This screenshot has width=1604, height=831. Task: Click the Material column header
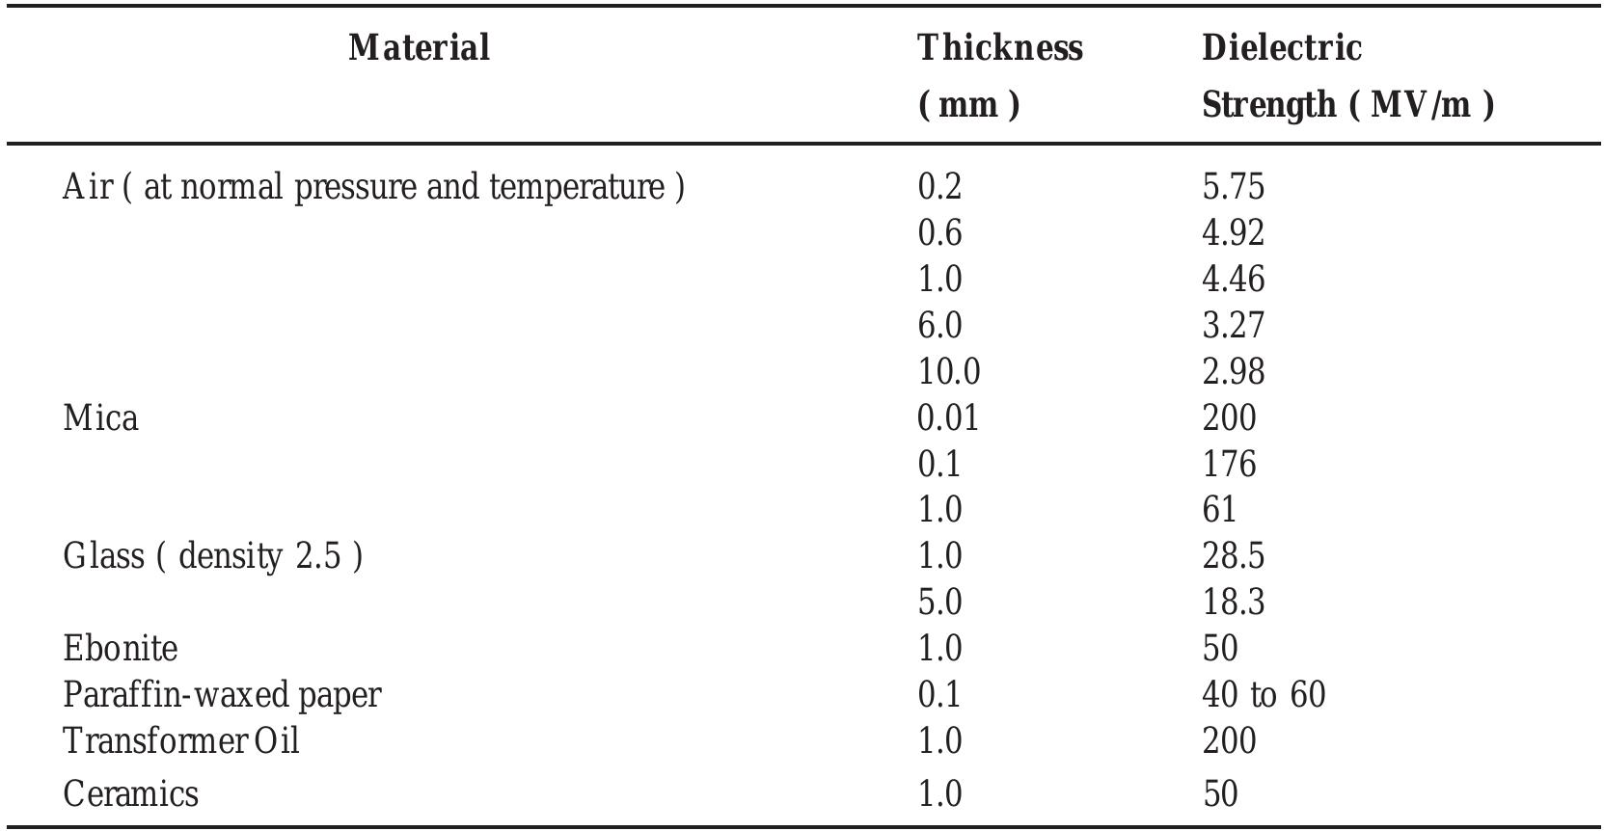click(x=419, y=47)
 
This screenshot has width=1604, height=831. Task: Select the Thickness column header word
click(x=999, y=47)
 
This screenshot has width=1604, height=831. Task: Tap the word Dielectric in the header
click(x=1281, y=47)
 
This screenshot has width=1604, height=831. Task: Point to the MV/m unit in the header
click(x=1421, y=104)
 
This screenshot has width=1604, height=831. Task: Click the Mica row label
click(x=100, y=417)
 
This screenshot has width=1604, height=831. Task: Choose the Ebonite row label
click(x=121, y=648)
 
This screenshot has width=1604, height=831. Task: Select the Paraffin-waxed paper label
click(x=222, y=694)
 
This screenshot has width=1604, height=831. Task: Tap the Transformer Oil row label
click(x=181, y=740)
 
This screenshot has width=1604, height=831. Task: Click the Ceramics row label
click(x=130, y=793)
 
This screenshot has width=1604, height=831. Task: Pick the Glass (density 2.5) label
click(x=212, y=556)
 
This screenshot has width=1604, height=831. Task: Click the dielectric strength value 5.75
click(x=1233, y=186)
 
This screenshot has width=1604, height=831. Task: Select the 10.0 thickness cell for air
click(x=948, y=371)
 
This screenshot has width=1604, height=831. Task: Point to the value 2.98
click(x=1233, y=371)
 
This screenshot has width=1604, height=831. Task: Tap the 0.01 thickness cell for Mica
click(x=948, y=417)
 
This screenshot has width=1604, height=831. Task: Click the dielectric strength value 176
click(x=1229, y=464)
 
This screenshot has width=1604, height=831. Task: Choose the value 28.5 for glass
click(x=1233, y=556)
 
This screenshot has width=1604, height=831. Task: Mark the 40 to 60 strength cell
click(x=1264, y=694)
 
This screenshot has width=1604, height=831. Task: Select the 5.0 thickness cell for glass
click(x=939, y=602)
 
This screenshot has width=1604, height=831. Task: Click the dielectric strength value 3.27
click(x=1233, y=325)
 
